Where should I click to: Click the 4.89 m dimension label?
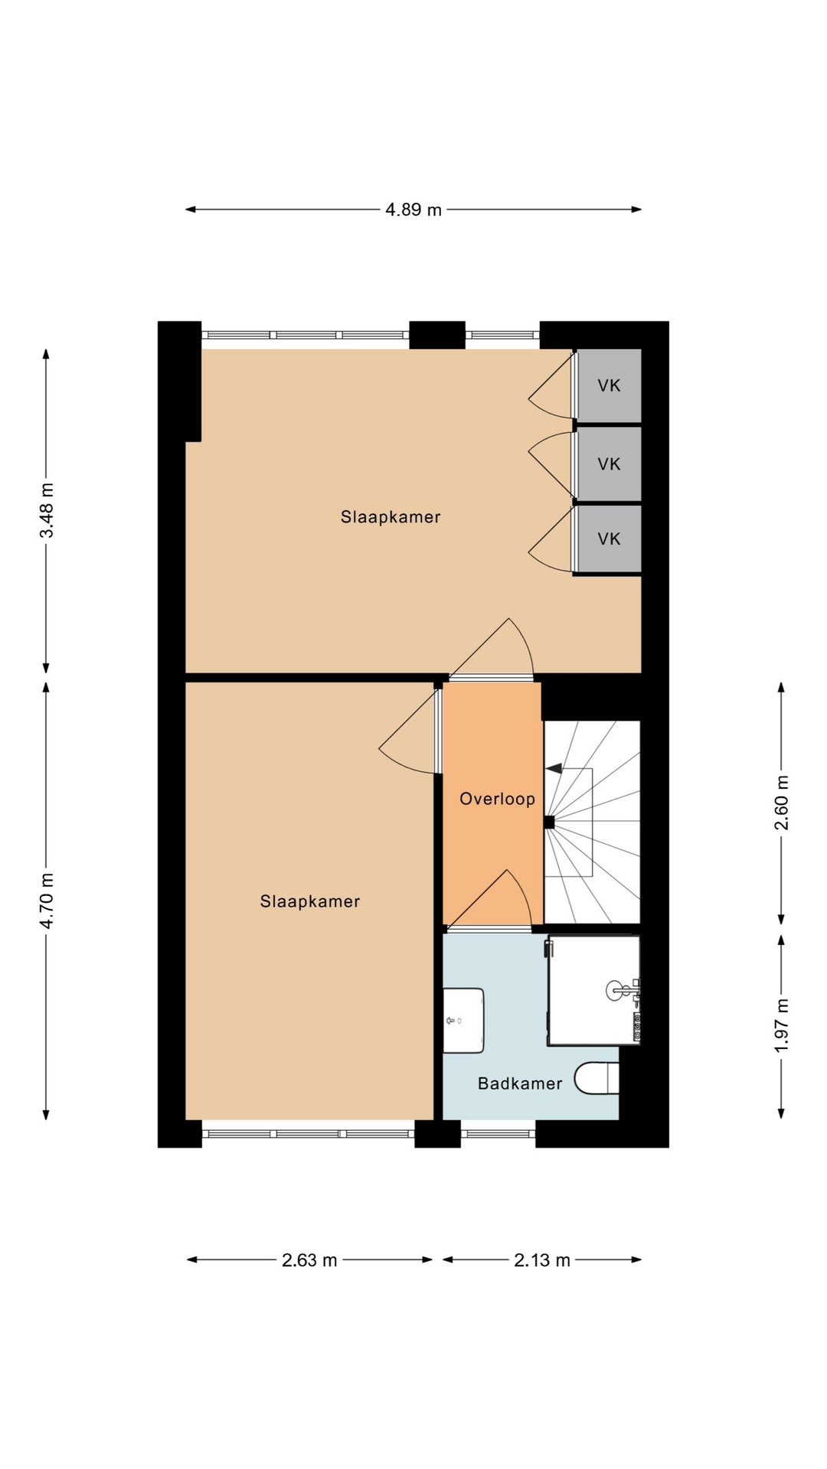pos(413,210)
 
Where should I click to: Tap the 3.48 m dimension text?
pos(47,510)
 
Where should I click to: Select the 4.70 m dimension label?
pos(47,901)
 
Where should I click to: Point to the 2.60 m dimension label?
pos(781,803)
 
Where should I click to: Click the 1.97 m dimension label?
pos(781,1025)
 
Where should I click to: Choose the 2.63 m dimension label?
pos(309,1260)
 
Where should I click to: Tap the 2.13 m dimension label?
pos(542,1260)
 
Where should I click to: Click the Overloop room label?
pos(497,799)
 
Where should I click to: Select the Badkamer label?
pos(520,1083)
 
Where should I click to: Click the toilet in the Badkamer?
pos(597,1078)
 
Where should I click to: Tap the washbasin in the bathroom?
pos(464,1021)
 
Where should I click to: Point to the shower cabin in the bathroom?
pos(593,990)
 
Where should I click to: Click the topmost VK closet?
pos(609,386)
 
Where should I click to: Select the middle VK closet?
pos(609,464)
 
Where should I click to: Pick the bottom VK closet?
pos(609,539)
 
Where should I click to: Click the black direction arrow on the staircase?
pos(554,768)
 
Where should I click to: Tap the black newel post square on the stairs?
pos(549,822)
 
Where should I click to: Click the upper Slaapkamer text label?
pos(391,517)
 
